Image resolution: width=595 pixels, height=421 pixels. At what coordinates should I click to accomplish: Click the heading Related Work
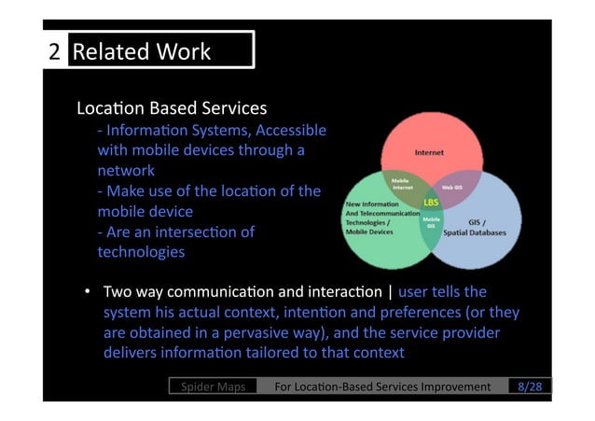[142, 51]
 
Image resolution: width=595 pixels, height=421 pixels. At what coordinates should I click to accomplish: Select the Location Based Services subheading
[172, 109]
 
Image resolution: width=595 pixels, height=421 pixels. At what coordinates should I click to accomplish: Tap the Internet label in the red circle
[429, 152]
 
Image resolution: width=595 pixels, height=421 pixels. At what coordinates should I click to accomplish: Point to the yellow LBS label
[431, 202]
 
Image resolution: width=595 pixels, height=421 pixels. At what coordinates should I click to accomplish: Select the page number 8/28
[533, 386]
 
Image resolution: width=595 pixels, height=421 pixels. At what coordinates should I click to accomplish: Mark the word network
[126, 171]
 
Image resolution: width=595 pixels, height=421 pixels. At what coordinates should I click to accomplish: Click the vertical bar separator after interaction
[389, 292]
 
